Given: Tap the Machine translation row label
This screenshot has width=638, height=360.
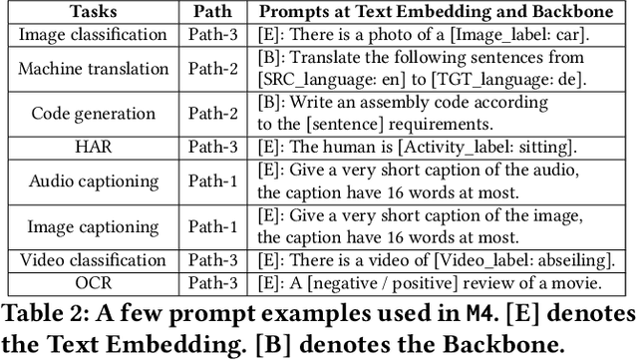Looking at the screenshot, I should (x=94, y=68).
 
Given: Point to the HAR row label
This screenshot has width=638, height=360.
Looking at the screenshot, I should (x=94, y=148).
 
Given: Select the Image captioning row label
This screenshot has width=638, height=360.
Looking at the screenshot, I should (x=94, y=226).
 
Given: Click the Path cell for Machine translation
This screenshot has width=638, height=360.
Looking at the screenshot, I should (x=210, y=68).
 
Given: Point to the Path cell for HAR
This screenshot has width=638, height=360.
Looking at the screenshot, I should (x=210, y=148).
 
